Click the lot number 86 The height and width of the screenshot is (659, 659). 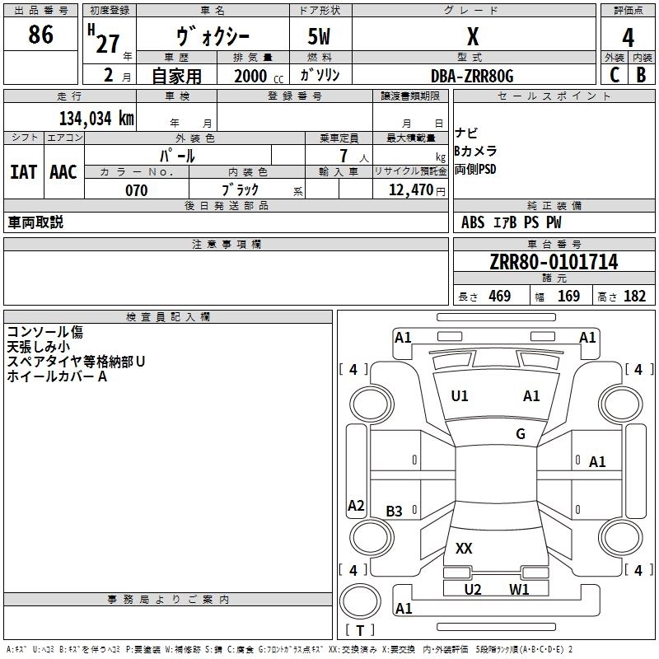[40, 34]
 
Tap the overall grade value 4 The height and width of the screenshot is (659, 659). [628, 38]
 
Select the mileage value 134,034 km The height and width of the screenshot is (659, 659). [96, 119]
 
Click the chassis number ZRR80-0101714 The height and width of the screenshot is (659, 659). [554, 262]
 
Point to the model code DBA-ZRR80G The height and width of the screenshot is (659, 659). [472, 76]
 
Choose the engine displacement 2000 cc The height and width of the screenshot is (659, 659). [259, 76]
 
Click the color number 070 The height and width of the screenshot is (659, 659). [137, 190]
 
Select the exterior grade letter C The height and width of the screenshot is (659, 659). [615, 75]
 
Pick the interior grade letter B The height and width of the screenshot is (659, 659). [641, 75]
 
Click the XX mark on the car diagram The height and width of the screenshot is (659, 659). [464, 548]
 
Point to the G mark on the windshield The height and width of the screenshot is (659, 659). [521, 433]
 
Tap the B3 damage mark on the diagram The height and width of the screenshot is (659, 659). [395, 511]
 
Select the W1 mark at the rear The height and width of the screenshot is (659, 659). [519, 589]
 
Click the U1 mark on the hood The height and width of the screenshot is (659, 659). [460, 395]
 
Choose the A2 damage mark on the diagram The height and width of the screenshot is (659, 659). [356, 505]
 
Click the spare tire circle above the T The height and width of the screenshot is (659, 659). [360, 601]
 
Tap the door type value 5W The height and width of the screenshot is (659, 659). [319, 36]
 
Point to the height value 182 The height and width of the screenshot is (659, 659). [634, 296]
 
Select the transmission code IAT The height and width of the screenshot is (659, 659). [24, 172]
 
